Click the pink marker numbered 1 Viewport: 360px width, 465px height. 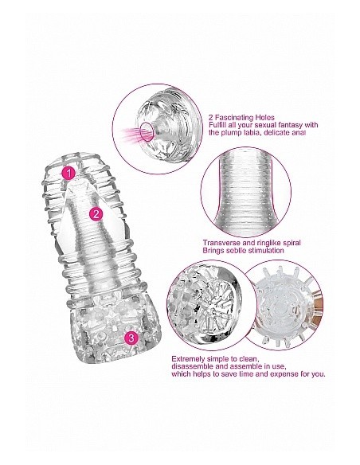coord(69,171)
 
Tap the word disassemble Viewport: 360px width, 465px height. coord(195,367)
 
